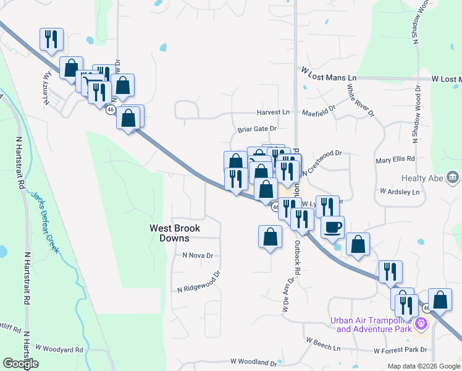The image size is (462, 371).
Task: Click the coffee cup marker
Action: pos(332,227)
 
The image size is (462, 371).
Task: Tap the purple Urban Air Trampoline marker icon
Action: pos(422,323)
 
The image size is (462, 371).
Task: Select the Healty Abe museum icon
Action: pos(454,179)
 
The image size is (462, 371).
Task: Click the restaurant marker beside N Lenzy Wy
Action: pos(51,40)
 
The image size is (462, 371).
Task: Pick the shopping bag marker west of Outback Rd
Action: pos(270,237)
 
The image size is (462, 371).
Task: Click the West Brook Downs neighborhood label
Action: pos(176,232)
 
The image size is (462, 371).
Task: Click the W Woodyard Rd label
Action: pos(59,349)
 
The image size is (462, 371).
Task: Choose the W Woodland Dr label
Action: pos(254,362)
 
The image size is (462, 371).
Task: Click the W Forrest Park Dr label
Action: pos(400,350)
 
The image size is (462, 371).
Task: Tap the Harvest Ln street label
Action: pos(273,113)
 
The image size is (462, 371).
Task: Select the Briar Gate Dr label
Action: pos(257,130)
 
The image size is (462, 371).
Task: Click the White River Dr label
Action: pos(360,100)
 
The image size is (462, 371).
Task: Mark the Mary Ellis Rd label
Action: pos(395,161)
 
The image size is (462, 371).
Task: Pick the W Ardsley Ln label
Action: pos(400,192)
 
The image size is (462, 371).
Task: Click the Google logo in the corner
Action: pos(20,364)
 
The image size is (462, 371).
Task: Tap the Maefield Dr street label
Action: pos(318,113)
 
